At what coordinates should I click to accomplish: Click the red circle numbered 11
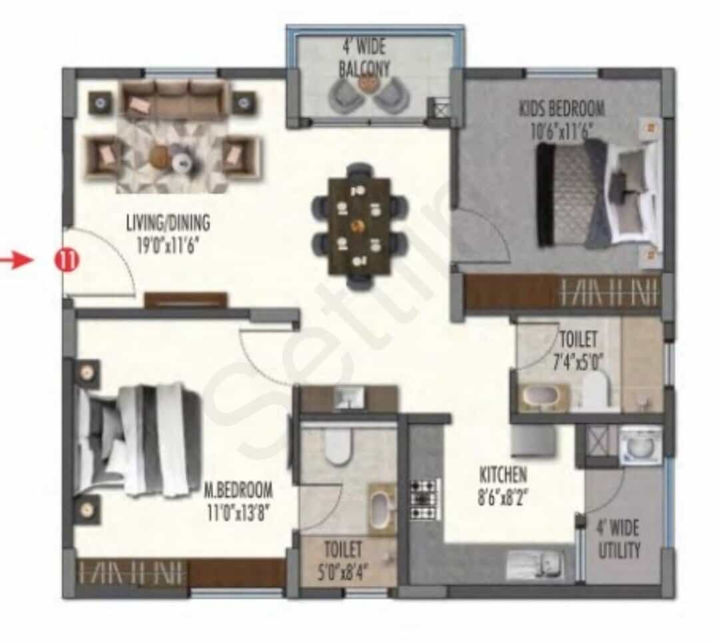pyautogui.click(x=67, y=260)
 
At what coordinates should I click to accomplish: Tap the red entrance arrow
pyautogui.click(x=17, y=260)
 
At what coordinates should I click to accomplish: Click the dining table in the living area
pyautogui.click(x=359, y=226)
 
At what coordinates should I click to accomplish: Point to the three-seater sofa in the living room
pyautogui.click(x=174, y=99)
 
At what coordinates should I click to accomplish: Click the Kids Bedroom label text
pyautogui.click(x=562, y=109)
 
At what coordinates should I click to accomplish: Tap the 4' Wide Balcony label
pyautogui.click(x=364, y=57)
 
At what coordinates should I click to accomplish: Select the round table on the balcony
pyautogui.click(x=366, y=83)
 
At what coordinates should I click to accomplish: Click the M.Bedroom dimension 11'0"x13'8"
pyautogui.click(x=238, y=511)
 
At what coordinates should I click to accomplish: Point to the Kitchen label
pyautogui.click(x=503, y=476)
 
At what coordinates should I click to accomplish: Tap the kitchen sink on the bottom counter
pyautogui.click(x=534, y=565)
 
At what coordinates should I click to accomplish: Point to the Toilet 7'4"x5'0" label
pyautogui.click(x=579, y=350)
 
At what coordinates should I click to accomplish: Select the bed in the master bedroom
pyautogui.click(x=138, y=442)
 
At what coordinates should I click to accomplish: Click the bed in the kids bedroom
pyautogui.click(x=599, y=192)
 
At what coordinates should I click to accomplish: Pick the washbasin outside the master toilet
pyautogui.click(x=348, y=398)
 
